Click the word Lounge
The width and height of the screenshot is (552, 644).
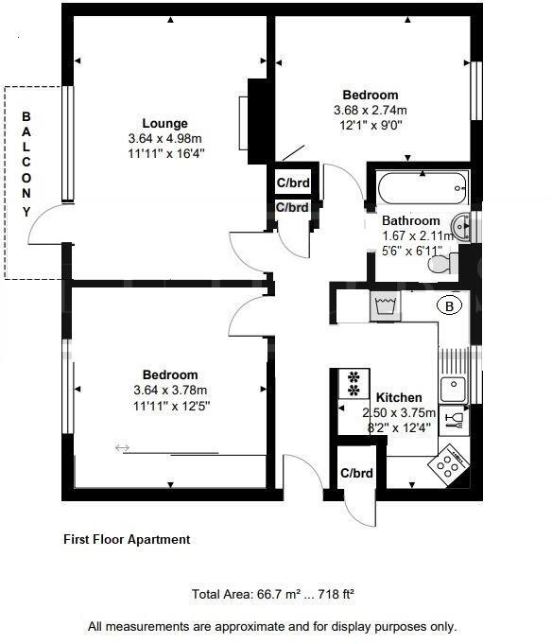click(x=164, y=123)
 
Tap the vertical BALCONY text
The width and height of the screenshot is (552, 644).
click(x=26, y=164)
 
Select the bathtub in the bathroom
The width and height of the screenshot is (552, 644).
click(x=422, y=187)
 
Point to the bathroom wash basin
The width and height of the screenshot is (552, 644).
click(x=460, y=225)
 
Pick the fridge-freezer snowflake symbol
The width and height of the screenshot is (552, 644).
click(x=354, y=383)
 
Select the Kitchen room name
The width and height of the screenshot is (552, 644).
click(x=399, y=397)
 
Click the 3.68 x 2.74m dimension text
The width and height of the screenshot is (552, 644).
click(x=370, y=111)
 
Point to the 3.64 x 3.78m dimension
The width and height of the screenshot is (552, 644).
click(x=170, y=391)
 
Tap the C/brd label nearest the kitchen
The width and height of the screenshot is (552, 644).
click(x=356, y=473)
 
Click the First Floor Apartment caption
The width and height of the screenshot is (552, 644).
click(x=127, y=540)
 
